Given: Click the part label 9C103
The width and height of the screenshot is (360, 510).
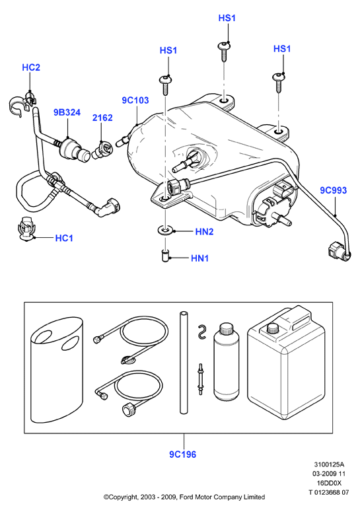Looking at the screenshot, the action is (135, 100).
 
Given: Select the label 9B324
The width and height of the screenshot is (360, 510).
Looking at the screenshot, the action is (67, 112).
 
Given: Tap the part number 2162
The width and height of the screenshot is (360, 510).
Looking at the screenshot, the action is (102, 118).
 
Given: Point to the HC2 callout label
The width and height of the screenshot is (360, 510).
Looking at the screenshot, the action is (31, 67).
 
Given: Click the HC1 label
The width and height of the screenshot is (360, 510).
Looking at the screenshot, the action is (64, 238).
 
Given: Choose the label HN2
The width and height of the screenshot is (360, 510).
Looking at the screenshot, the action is (204, 232).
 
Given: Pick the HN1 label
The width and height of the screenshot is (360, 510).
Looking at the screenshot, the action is (199, 258).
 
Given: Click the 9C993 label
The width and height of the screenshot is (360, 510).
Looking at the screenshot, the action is (334, 190).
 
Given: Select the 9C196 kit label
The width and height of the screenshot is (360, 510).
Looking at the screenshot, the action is (183, 455).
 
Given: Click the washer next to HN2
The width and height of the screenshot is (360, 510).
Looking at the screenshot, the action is (166, 231).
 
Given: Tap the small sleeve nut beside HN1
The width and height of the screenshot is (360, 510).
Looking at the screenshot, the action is (166, 254).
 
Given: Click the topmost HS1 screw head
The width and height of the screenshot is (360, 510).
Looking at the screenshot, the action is (224, 46).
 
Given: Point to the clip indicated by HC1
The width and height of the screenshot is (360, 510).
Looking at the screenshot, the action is (26, 229).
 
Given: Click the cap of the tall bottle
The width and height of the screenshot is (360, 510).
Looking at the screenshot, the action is (226, 328).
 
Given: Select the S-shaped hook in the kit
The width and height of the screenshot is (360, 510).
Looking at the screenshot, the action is (202, 332).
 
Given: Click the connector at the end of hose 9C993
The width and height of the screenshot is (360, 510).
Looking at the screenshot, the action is (338, 252).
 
